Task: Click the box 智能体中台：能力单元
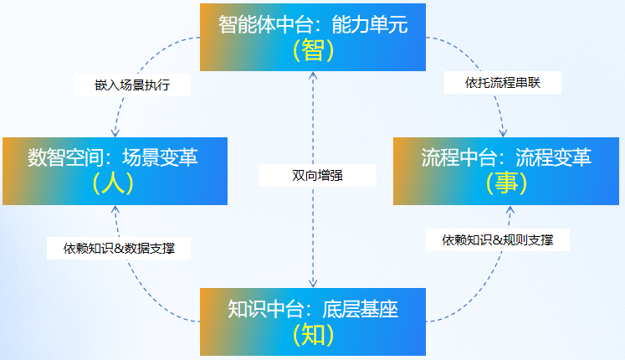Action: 312,37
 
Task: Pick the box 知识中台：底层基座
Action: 312,321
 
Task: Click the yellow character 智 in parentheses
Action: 313,51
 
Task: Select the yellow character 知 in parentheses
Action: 313,336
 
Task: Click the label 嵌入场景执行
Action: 132,85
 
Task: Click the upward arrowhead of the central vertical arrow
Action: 313,77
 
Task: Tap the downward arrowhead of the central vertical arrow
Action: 313,284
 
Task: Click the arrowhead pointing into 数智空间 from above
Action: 115,132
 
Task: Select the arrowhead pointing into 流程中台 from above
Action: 503,132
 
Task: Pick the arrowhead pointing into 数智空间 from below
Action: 115,208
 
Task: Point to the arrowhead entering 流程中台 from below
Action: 511,208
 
